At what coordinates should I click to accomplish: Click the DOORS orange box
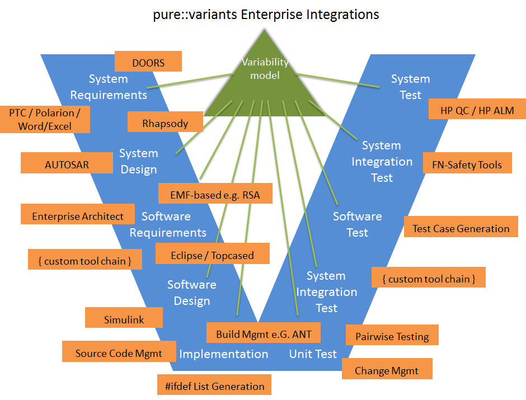coord(148,62)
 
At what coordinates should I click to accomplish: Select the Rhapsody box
coord(165,123)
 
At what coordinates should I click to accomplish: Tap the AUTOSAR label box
coord(67,164)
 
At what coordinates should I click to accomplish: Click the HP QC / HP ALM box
coord(477,110)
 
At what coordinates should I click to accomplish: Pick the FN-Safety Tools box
coord(467,164)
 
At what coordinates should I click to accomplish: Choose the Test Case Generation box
coord(461,228)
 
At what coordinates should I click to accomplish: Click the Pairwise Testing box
coord(392,336)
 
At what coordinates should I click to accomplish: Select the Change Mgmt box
coord(387,370)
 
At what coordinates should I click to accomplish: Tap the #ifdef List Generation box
coord(215,385)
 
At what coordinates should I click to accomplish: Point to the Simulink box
coord(124,319)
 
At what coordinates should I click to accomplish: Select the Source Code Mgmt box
coord(119,352)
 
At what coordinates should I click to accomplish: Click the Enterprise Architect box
coord(78,215)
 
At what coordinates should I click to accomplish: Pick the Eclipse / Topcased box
coord(212,255)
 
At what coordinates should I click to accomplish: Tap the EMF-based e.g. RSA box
coord(215,195)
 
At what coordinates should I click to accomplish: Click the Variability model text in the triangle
coord(265,69)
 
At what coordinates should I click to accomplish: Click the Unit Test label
coord(313,354)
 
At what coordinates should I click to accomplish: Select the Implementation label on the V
coord(223,354)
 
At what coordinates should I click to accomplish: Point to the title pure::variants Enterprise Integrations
coord(266,14)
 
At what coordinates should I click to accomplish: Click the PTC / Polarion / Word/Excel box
coord(45,119)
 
